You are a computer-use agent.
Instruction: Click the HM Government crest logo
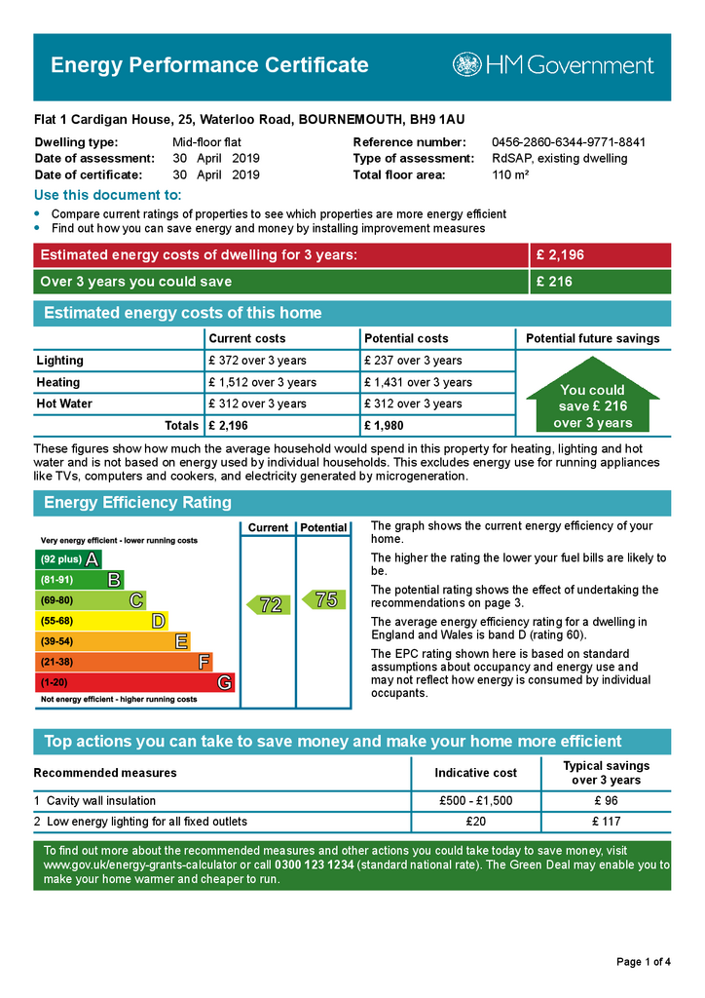pos(467,65)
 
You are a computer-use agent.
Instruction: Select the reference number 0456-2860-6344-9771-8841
pos(569,142)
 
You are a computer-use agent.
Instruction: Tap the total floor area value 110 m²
pos(510,175)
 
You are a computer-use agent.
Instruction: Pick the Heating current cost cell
pos(262,382)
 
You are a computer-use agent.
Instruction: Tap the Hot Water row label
pos(64,403)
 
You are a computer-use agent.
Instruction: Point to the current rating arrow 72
pos(268,604)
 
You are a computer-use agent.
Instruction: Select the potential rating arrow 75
pos(323,599)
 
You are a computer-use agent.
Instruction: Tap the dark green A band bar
pos(68,559)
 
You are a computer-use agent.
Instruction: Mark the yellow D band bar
pos(101,621)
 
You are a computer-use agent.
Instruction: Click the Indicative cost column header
pos(476,773)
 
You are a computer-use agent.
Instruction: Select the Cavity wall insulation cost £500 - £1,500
pos(476,801)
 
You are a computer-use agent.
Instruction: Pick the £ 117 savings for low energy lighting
pos(606,822)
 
